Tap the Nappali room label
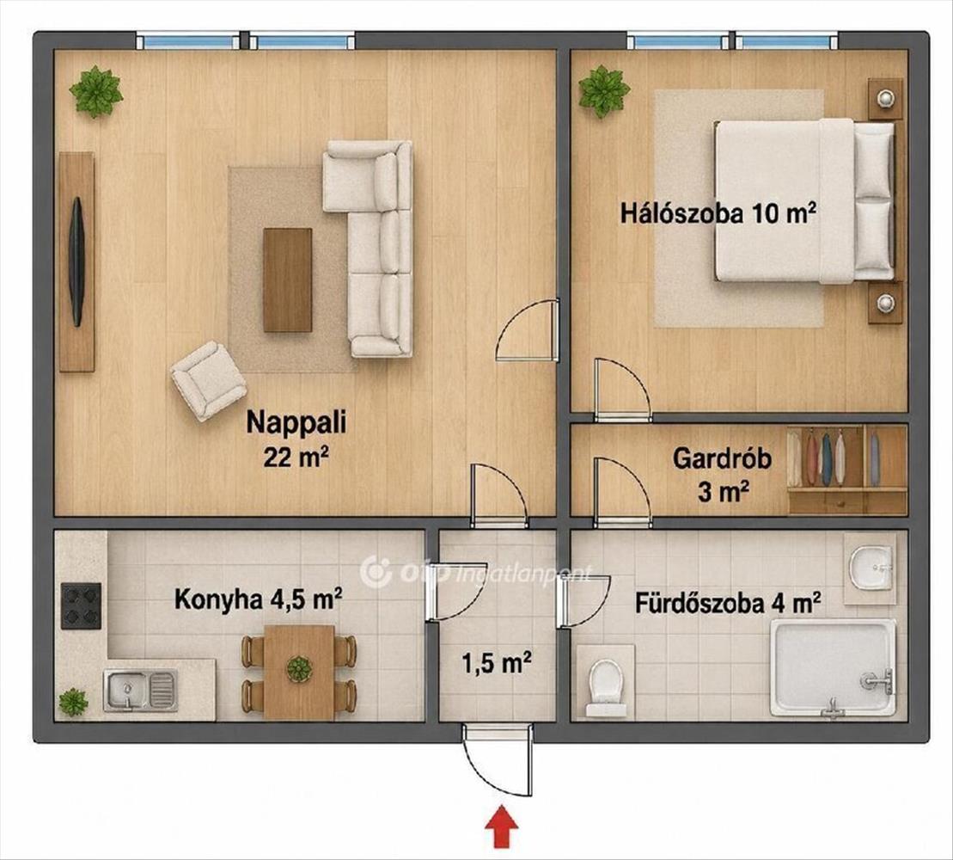pos(296,421)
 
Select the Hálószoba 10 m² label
pos(718,214)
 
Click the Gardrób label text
pos(722,458)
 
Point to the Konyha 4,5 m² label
pos(258,599)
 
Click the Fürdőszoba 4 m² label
pos(729,604)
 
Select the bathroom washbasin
pos(871,567)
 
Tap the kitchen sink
pos(140,691)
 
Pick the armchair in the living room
pos(208,381)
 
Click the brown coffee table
pos(288,280)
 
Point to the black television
pos(76,262)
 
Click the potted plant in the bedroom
pos(603,90)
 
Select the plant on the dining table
pos(299,669)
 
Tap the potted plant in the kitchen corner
pos(74,702)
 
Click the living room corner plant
pos(95,92)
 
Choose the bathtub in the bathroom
pos(833,668)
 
